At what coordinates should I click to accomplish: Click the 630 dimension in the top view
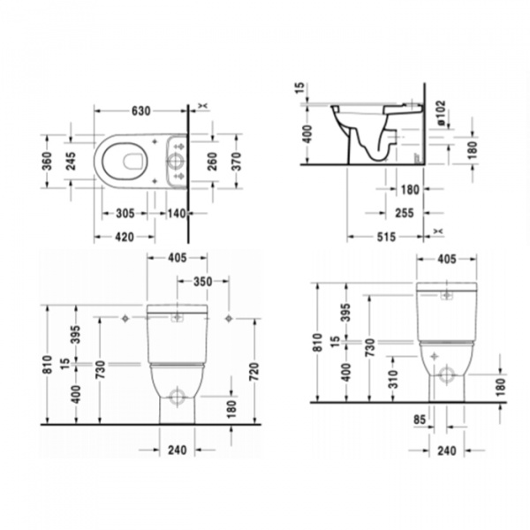coord(140,111)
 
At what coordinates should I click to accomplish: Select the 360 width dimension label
coord(49,162)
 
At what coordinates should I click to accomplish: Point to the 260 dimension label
coord(212,162)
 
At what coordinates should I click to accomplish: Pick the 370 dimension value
coord(235,162)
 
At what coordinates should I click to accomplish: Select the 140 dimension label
coord(175,213)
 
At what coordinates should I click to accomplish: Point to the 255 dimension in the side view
coord(405,213)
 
